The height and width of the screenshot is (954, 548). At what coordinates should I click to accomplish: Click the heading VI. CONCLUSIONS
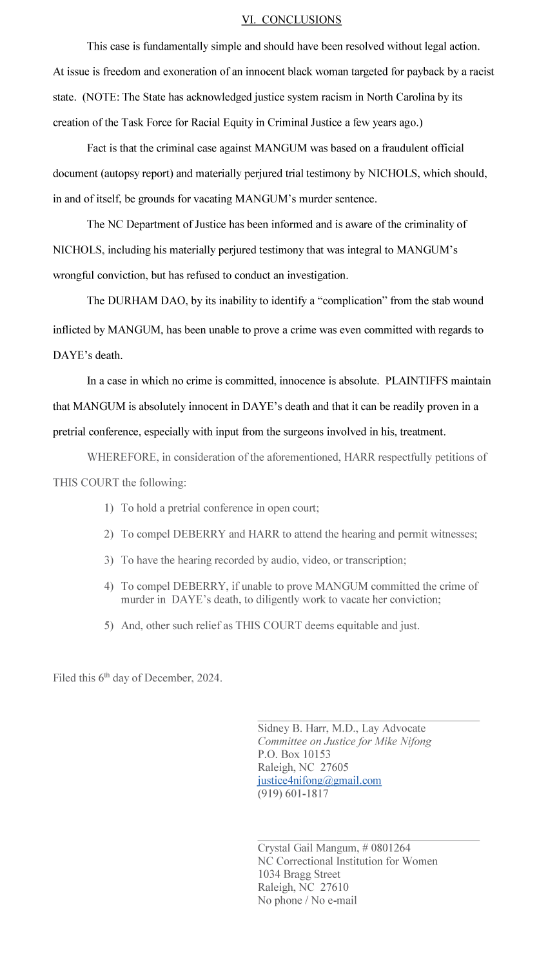tap(291, 20)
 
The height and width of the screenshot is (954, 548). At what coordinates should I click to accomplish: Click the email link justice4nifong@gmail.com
tap(319, 781)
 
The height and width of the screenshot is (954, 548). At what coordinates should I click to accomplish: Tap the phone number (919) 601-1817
tap(293, 793)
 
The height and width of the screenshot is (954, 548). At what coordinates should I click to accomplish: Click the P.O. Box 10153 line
tap(294, 754)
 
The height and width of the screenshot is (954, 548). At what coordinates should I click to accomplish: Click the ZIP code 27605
tap(334, 767)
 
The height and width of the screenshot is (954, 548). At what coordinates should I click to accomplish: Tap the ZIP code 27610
tap(334, 887)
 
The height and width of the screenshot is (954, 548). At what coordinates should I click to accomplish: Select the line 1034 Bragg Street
tap(299, 874)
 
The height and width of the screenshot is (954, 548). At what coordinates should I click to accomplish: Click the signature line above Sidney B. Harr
tap(368, 720)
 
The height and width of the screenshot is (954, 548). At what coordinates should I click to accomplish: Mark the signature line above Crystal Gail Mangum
tap(368, 840)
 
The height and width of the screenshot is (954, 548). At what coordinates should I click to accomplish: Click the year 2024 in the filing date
tap(207, 678)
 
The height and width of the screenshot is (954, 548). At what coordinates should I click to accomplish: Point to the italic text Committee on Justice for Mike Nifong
tap(344, 741)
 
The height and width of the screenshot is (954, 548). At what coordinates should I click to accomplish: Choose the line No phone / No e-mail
tap(307, 900)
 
